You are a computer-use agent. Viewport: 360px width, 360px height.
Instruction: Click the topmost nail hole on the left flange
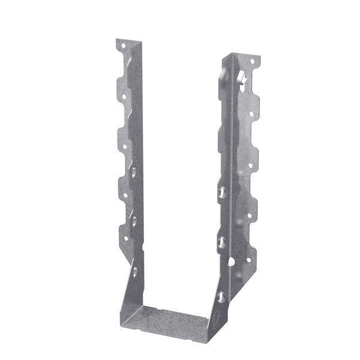(122, 46)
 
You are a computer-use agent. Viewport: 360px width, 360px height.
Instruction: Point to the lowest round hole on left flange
(125, 238)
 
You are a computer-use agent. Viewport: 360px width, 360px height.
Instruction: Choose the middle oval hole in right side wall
(221, 242)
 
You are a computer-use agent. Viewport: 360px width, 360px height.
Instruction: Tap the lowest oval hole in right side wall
(220, 296)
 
